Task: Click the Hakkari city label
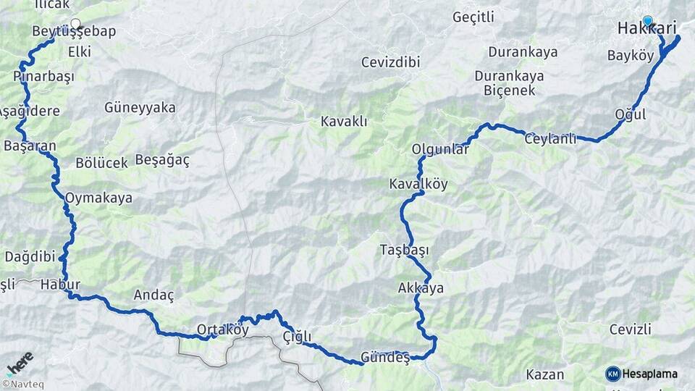[x=646, y=29]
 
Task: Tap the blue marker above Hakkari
[x=647, y=21]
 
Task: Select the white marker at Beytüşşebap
[x=75, y=23]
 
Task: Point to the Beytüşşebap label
[x=74, y=32]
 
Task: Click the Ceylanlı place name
[x=550, y=139]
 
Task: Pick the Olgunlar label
[x=440, y=149]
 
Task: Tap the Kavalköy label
[x=418, y=184]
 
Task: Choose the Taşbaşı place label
[x=404, y=250]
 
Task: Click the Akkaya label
[x=421, y=288]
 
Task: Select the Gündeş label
[x=385, y=358]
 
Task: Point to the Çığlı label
[x=297, y=337]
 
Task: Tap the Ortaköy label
[x=223, y=329]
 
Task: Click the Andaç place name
[x=154, y=295]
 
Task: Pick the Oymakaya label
[x=98, y=197]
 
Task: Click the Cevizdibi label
[x=391, y=62]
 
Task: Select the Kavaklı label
[x=345, y=122]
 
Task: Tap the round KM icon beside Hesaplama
[x=613, y=374]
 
